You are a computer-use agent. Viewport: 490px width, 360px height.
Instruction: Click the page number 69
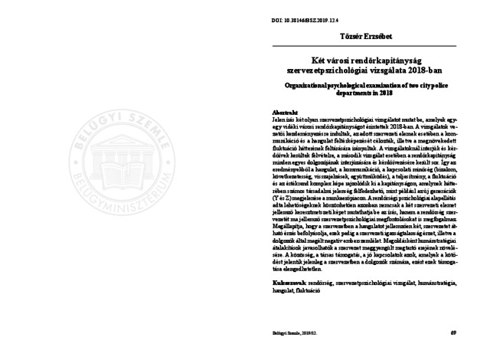point(452,333)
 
